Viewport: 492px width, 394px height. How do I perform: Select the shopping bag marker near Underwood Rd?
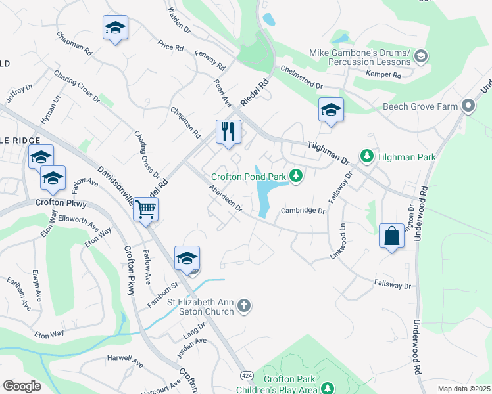pyautogui.click(x=391, y=236)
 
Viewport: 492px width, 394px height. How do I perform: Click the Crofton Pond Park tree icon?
pyautogui.click(x=297, y=175)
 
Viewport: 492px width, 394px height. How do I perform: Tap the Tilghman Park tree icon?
pyautogui.click(x=366, y=156)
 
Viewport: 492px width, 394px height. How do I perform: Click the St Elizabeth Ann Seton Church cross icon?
pyautogui.click(x=244, y=305)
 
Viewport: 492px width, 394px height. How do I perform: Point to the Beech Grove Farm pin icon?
pyautogui.click(x=468, y=105)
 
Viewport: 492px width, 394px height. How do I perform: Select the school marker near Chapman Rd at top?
pyautogui.click(x=115, y=28)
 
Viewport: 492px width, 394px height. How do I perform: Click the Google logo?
pyautogui.click(x=22, y=385)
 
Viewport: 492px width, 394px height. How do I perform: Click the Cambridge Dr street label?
pyautogui.click(x=303, y=211)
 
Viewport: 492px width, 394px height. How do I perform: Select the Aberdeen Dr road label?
pyautogui.click(x=226, y=199)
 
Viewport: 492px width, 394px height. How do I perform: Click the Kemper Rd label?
pyautogui.click(x=383, y=76)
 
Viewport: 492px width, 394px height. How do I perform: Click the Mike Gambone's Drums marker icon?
pyautogui.click(x=421, y=57)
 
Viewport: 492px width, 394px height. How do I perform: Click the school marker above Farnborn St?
pyautogui.click(x=187, y=257)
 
